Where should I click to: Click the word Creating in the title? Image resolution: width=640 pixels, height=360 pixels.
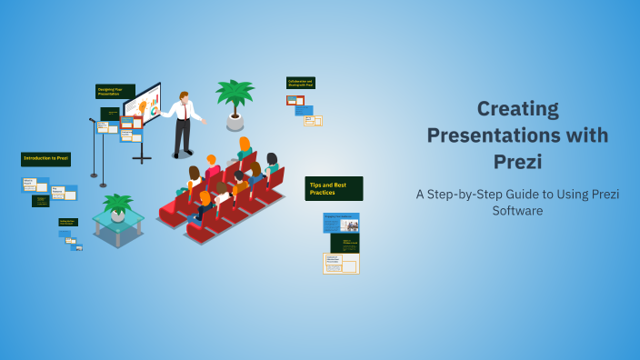click(x=517, y=109)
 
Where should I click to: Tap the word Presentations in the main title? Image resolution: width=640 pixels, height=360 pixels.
click(x=517, y=136)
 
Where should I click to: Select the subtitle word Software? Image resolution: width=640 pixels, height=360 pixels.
click(x=517, y=210)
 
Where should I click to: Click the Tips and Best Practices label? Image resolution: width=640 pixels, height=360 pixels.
click(x=334, y=188)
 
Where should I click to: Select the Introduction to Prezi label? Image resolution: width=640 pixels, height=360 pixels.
click(x=46, y=158)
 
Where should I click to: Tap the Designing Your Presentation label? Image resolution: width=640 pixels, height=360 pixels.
click(x=115, y=91)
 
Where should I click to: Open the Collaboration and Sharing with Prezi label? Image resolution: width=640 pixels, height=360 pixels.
click(x=300, y=83)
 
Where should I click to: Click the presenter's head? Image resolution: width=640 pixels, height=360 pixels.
click(x=184, y=96)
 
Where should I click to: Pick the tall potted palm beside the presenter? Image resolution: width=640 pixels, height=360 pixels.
click(x=235, y=100)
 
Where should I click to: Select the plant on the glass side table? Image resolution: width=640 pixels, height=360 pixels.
click(x=117, y=206)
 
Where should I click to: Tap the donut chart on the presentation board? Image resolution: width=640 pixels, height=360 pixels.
click(x=155, y=109)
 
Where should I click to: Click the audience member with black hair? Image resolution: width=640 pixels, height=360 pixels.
click(x=271, y=161)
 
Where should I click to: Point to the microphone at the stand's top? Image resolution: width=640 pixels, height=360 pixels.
click(x=92, y=119)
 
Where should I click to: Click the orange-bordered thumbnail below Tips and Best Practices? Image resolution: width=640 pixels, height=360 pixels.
click(x=341, y=263)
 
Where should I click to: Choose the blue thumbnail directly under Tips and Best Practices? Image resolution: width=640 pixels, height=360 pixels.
click(x=341, y=223)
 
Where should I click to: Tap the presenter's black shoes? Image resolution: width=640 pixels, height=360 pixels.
click(x=182, y=155)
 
